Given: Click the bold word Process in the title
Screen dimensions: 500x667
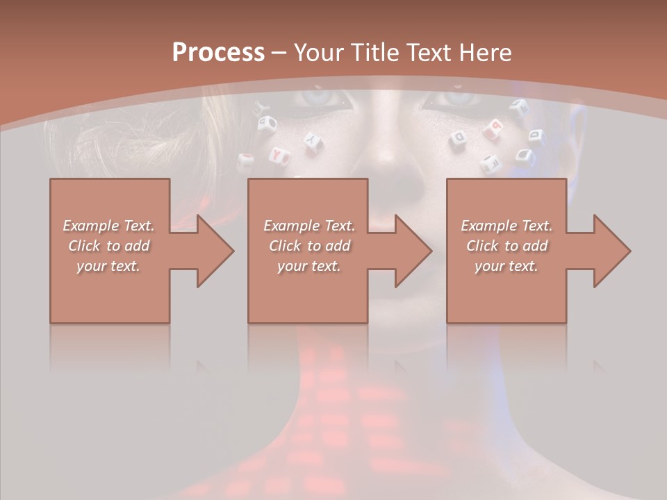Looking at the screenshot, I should click(x=218, y=53).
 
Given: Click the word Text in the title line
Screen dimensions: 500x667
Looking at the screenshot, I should click(x=427, y=53).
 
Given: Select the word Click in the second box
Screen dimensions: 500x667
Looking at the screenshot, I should click(x=285, y=246).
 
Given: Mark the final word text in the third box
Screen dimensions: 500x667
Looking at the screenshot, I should click(x=525, y=266).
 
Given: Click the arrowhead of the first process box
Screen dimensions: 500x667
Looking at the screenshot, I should click(x=215, y=251).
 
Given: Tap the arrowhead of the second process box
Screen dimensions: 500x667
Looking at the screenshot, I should click(x=413, y=251).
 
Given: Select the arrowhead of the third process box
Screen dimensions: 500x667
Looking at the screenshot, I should click(x=611, y=251).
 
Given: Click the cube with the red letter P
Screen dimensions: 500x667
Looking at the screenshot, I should click(x=496, y=126).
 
